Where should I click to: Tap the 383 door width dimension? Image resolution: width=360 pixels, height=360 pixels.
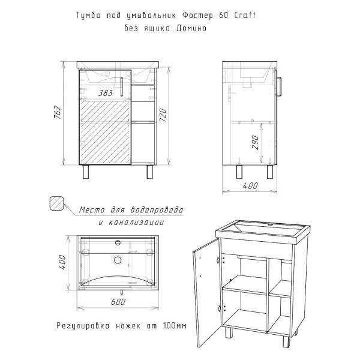tap(106, 93)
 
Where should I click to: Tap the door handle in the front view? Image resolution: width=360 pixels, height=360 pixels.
tap(122, 88)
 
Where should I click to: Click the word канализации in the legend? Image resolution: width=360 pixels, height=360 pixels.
tap(140, 222)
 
